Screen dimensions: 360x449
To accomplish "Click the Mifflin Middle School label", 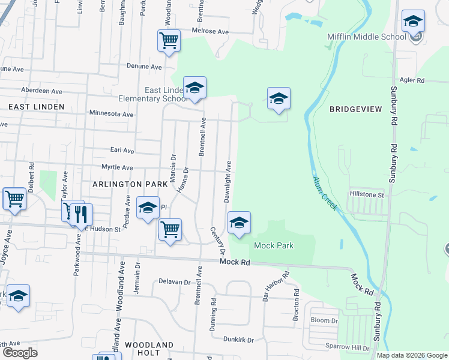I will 367,37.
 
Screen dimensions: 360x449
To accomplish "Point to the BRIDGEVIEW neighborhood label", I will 355,109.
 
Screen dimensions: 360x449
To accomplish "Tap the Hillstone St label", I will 367,194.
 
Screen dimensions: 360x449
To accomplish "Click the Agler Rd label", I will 412,80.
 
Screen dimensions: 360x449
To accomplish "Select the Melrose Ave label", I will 211,31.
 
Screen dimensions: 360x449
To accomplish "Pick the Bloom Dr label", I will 324,320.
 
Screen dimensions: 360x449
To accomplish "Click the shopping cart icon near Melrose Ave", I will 169,41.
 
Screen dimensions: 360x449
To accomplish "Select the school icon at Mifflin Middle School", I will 412,22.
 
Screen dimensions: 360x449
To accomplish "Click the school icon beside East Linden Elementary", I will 194,88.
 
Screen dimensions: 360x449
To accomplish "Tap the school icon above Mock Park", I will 239,223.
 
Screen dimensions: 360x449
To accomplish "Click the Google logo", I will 20,353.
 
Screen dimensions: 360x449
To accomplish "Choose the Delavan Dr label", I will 175,281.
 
